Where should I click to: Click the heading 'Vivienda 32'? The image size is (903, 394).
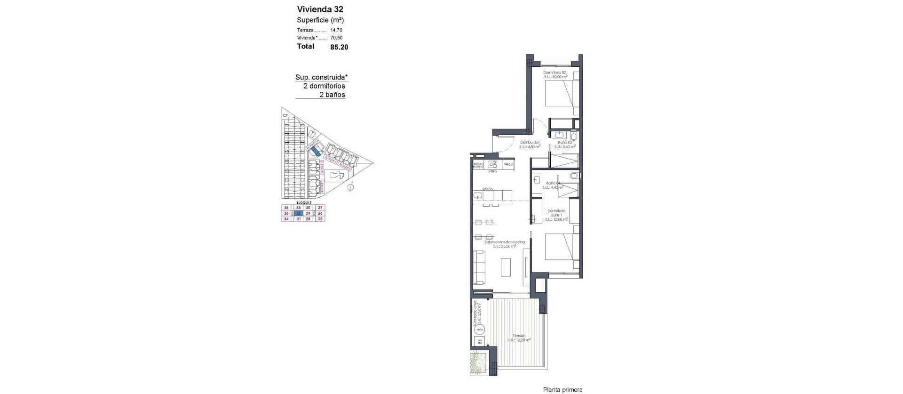[320, 9]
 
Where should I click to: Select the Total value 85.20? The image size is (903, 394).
[339, 47]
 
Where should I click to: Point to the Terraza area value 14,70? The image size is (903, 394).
[336, 30]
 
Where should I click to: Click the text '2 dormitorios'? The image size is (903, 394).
[324, 86]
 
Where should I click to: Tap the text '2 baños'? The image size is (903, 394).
[332, 95]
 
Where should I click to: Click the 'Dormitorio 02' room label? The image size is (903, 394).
[555, 72]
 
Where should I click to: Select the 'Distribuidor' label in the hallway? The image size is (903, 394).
[529, 142]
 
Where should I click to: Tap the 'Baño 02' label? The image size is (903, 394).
[565, 142]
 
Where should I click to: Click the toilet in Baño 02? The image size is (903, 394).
[572, 135]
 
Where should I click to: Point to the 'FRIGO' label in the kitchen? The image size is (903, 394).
[508, 165]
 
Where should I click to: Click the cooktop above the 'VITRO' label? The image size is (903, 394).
[493, 164]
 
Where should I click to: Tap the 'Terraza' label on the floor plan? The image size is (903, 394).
[519, 336]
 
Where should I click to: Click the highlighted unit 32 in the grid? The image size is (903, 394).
[298, 213]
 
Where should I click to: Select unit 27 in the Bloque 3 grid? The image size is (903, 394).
[320, 208]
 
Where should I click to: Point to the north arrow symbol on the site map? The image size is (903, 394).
[349, 188]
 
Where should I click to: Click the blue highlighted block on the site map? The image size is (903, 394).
[317, 151]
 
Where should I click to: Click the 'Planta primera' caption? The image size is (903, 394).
[562, 390]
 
